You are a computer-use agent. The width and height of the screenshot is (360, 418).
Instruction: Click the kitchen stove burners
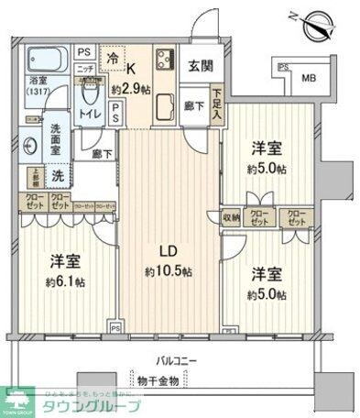tap(166, 62)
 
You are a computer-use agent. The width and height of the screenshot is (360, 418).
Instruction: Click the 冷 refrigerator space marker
tap(115, 58)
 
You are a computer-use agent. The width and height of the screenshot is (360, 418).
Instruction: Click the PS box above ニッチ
tap(83, 52)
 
